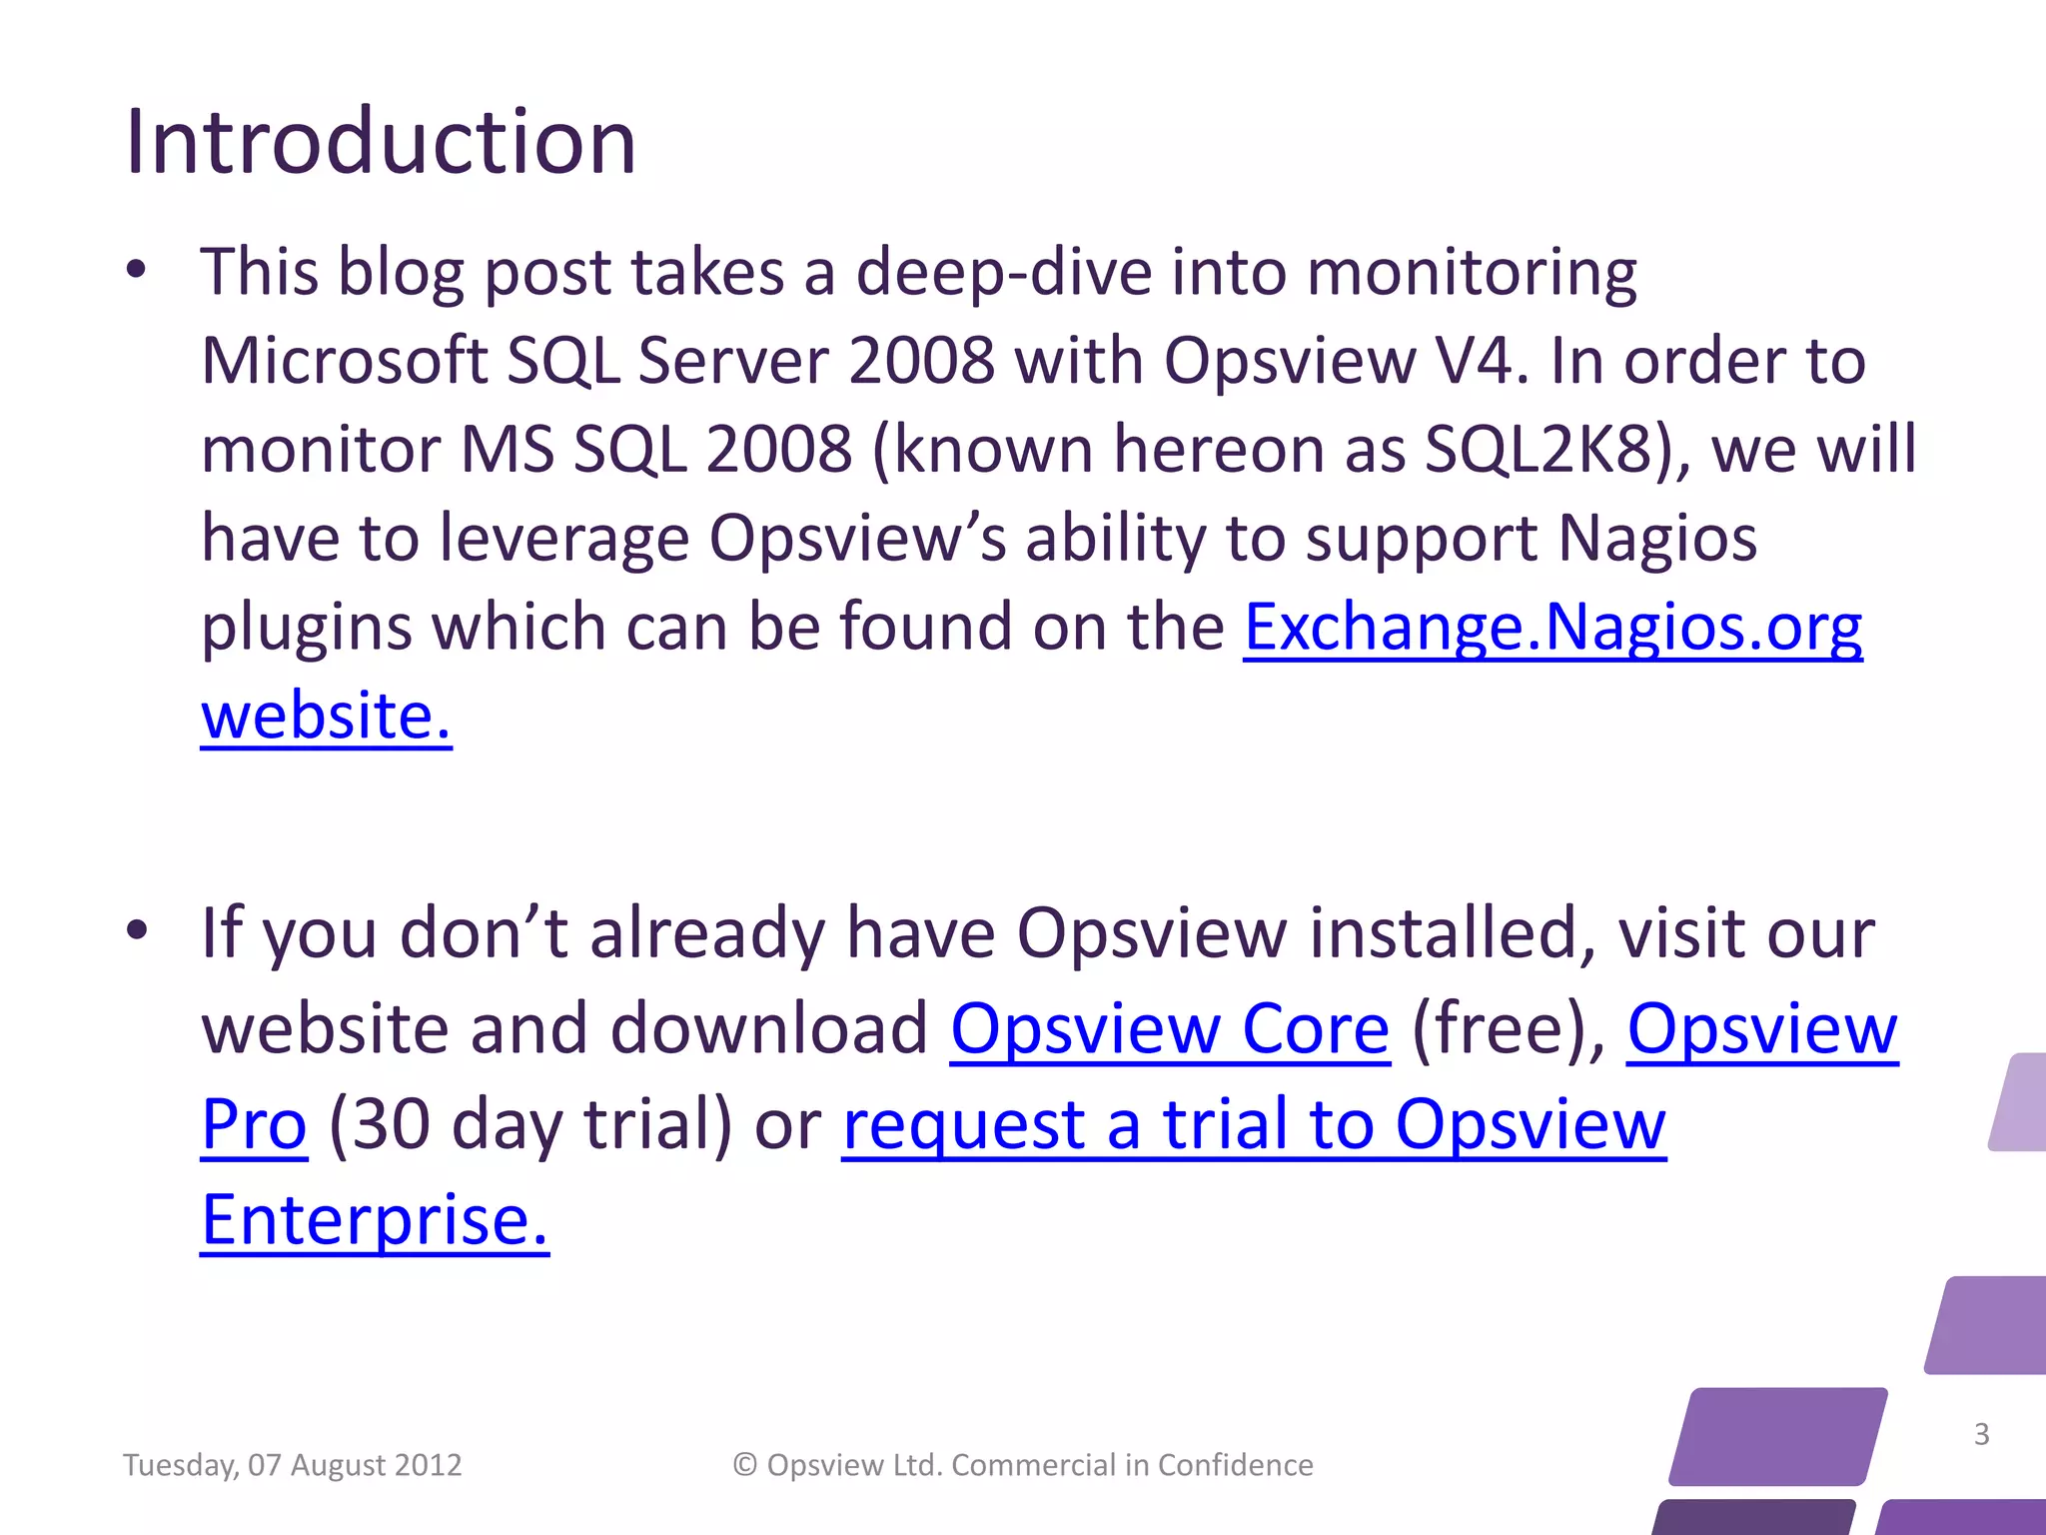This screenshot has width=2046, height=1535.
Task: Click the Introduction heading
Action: pos(380,142)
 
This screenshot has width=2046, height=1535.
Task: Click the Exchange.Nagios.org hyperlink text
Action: pos(1552,628)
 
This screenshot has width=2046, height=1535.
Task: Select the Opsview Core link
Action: pos(1169,1029)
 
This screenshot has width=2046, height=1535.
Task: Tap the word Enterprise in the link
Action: pos(375,1221)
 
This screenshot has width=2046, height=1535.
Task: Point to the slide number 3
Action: pos(1981,1434)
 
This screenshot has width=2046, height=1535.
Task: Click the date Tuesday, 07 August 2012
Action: pos(292,1465)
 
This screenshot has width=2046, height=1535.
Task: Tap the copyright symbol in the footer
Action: pos(744,1465)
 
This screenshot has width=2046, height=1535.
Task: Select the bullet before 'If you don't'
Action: pos(137,931)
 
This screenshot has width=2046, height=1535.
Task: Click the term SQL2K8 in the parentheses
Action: pos(1538,450)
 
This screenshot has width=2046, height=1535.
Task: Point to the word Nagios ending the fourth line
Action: pos(1656,540)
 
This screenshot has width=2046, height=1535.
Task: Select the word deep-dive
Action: pos(1003,272)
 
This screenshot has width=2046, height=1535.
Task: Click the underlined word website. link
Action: pos(326,716)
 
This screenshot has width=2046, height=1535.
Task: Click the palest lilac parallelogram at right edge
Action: pos(2018,1101)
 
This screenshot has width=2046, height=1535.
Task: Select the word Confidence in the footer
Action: pos(1235,1465)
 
